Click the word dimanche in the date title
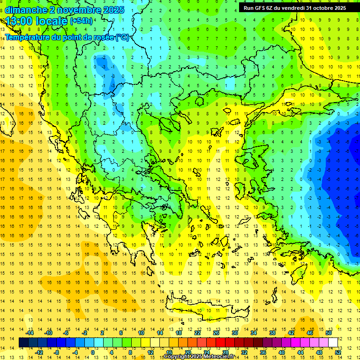pyautogui.click(x=26, y=10)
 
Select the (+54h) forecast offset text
pyautogui.click(x=81, y=21)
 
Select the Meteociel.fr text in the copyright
pyautogui.click(x=220, y=357)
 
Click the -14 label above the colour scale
pyautogui.click(x=30, y=333)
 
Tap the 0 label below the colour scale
pyautogui.click(x=92, y=352)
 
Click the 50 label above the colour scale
pyautogui.click(x=328, y=333)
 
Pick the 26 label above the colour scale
pyautogui.click(x=216, y=333)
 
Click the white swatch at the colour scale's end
pyautogui.click(x=333, y=343)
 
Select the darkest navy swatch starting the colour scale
pyautogui.click(x=24, y=343)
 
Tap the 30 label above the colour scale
pyautogui.click(x=235, y=333)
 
